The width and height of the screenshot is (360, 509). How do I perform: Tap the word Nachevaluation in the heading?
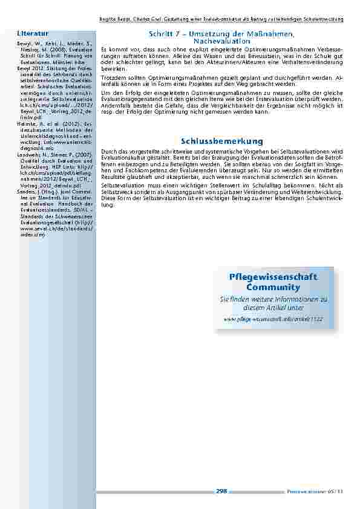(x=221, y=40)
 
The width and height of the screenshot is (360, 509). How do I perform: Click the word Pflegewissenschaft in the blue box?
(x=273, y=276)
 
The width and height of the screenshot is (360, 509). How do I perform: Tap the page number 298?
(x=221, y=491)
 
